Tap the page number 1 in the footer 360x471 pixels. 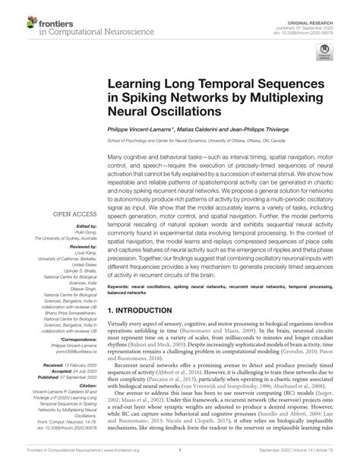pos(180,460)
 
